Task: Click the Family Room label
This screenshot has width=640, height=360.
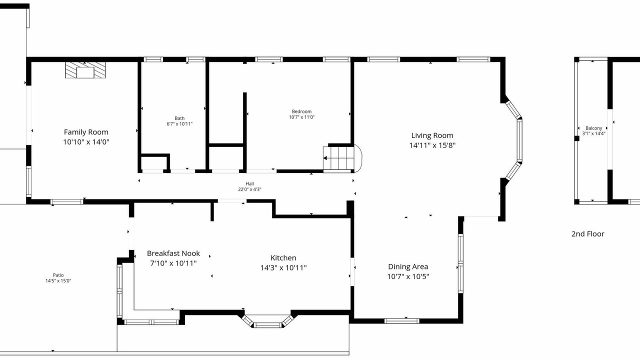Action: click(x=86, y=132)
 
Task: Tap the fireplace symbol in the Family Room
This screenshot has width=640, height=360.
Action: click(x=85, y=70)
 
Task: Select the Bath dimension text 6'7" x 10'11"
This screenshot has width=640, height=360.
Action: click(x=179, y=124)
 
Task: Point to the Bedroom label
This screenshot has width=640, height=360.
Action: click(x=301, y=111)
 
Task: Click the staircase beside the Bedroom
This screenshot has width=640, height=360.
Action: click(x=339, y=158)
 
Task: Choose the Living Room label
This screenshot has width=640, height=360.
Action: click(x=432, y=135)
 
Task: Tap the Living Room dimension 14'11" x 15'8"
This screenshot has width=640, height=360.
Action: click(x=432, y=145)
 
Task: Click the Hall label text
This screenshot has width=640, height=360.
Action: click(x=249, y=183)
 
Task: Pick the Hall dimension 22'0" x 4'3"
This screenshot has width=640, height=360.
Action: click(x=249, y=189)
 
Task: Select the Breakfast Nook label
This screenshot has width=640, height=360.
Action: click(x=173, y=253)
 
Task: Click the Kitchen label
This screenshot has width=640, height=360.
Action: click(x=283, y=258)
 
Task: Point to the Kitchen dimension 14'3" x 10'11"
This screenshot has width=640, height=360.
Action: click(x=283, y=267)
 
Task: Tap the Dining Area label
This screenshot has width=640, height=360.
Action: click(x=408, y=267)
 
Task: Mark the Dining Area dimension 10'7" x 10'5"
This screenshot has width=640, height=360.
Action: click(x=408, y=276)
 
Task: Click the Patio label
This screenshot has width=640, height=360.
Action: click(x=58, y=275)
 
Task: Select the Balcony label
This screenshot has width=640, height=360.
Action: click(x=593, y=128)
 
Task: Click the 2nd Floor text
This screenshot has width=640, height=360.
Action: click(x=587, y=234)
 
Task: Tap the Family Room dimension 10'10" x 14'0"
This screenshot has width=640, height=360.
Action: click(x=86, y=142)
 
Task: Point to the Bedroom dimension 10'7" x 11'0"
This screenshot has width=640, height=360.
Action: click(x=301, y=117)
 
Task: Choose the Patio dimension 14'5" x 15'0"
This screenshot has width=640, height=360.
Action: click(x=58, y=281)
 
